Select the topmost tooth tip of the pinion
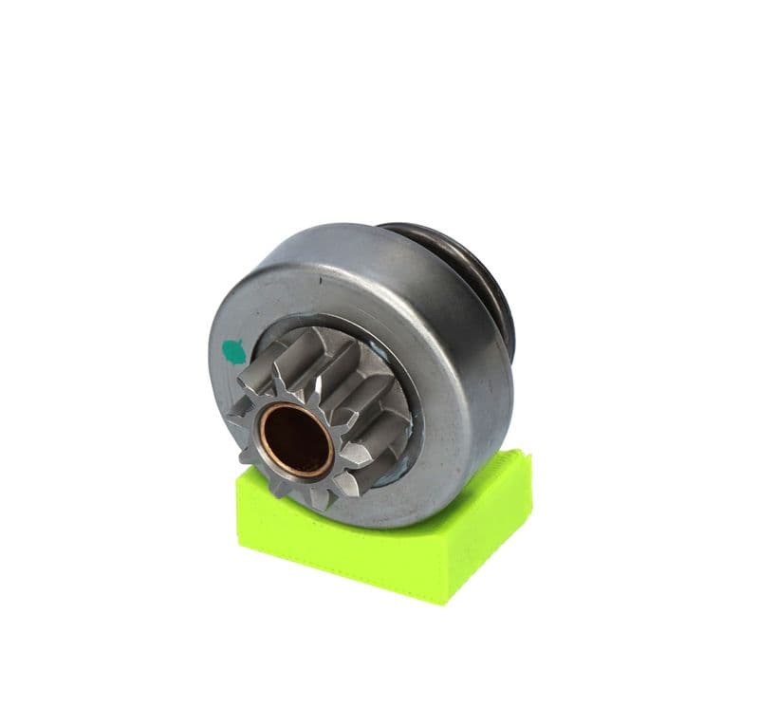(302, 331)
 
